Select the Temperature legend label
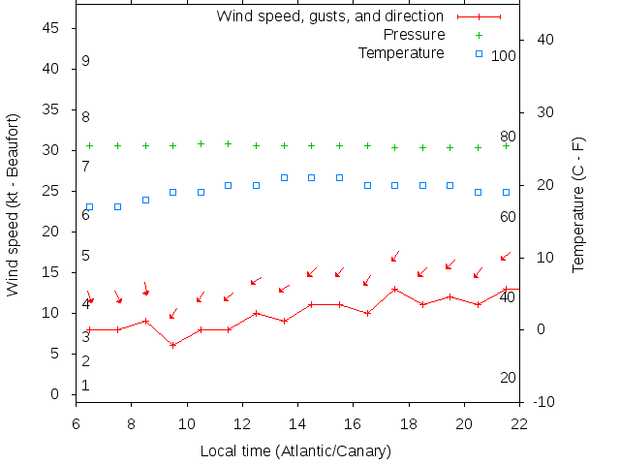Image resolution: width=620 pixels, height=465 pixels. tap(401, 52)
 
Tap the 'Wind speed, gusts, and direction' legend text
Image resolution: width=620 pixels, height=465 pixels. tap(329, 16)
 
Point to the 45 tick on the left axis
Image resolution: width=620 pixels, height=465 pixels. tap(52, 28)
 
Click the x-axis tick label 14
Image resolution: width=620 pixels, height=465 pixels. tap(297, 423)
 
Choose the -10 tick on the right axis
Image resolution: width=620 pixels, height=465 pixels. tap(544, 401)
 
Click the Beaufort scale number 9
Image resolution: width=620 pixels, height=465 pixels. tap(85, 61)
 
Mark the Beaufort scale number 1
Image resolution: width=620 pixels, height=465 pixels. tap(85, 386)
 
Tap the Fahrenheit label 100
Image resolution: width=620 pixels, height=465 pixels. tap(504, 56)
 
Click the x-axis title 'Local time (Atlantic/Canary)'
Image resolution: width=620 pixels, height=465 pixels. tap(295, 450)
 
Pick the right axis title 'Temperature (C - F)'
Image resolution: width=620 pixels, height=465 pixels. tap(578, 203)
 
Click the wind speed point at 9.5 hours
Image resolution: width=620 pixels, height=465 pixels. tap(173, 345)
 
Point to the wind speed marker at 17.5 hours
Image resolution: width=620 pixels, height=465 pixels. tap(395, 289)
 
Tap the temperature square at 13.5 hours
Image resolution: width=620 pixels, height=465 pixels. tap(284, 177)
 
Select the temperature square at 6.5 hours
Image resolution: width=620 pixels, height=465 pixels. tap(90, 206)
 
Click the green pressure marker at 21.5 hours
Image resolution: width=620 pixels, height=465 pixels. tap(506, 145)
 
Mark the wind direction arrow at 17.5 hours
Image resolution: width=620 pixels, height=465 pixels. tap(395, 256)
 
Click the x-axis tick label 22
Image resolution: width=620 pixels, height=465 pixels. tap(519, 423)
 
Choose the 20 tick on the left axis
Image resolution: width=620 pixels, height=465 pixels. tap(52, 232)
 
